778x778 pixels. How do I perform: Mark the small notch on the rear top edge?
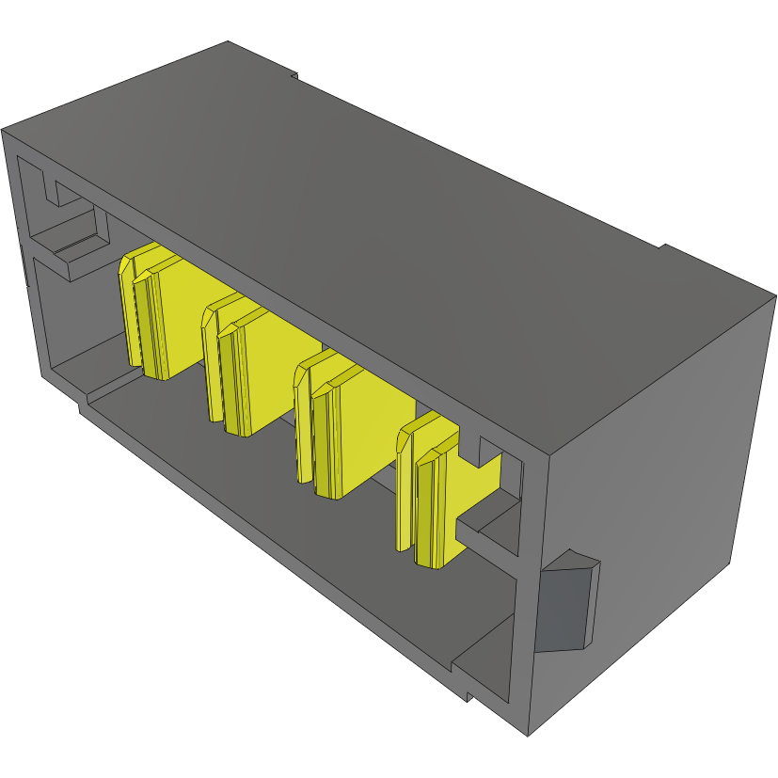tap(294, 74)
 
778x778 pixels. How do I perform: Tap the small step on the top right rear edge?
tap(661, 247)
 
